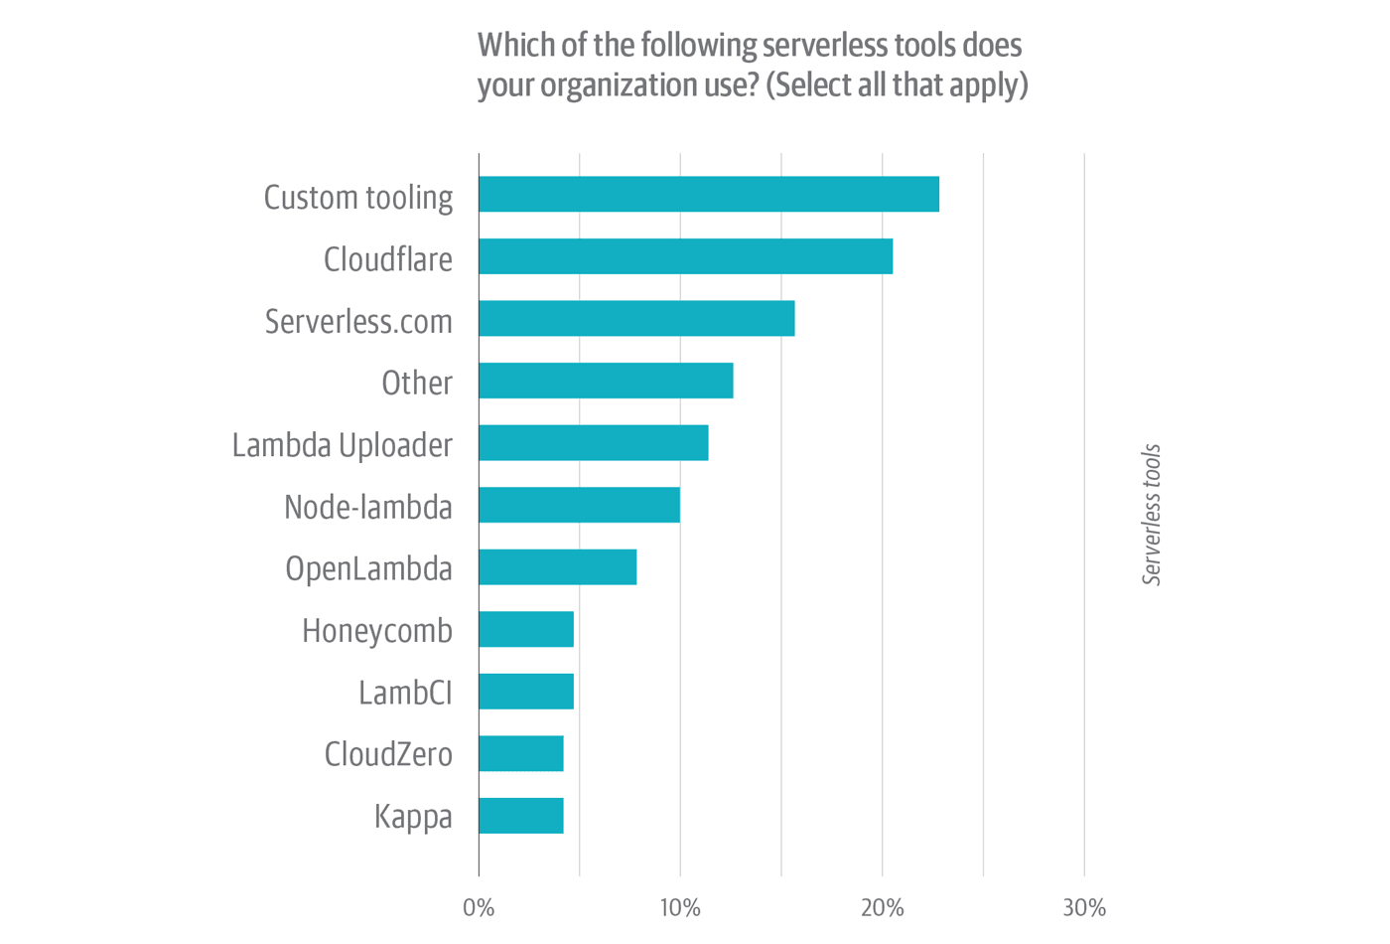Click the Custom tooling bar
click(708, 194)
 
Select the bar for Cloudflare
click(685, 256)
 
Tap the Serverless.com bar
click(636, 319)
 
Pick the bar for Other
click(606, 381)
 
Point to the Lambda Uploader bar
click(593, 443)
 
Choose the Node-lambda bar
click(579, 505)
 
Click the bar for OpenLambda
click(557, 567)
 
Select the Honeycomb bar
click(525, 629)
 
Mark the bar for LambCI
click(525, 692)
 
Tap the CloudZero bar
click(520, 753)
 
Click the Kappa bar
click(520, 816)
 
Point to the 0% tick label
click(479, 908)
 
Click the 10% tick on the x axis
click(680, 908)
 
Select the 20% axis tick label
click(883, 908)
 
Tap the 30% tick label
click(1084, 908)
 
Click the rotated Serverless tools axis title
click(1152, 515)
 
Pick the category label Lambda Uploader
click(342, 445)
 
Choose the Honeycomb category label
click(376, 631)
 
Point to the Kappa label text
click(413, 817)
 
